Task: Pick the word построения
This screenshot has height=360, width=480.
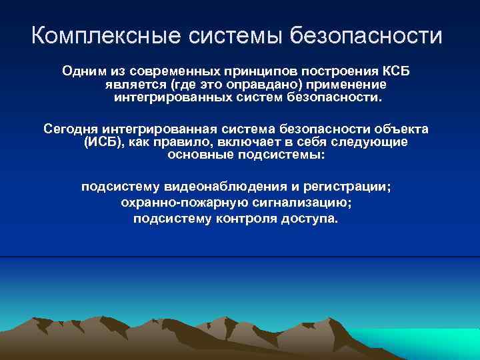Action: [337, 71]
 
